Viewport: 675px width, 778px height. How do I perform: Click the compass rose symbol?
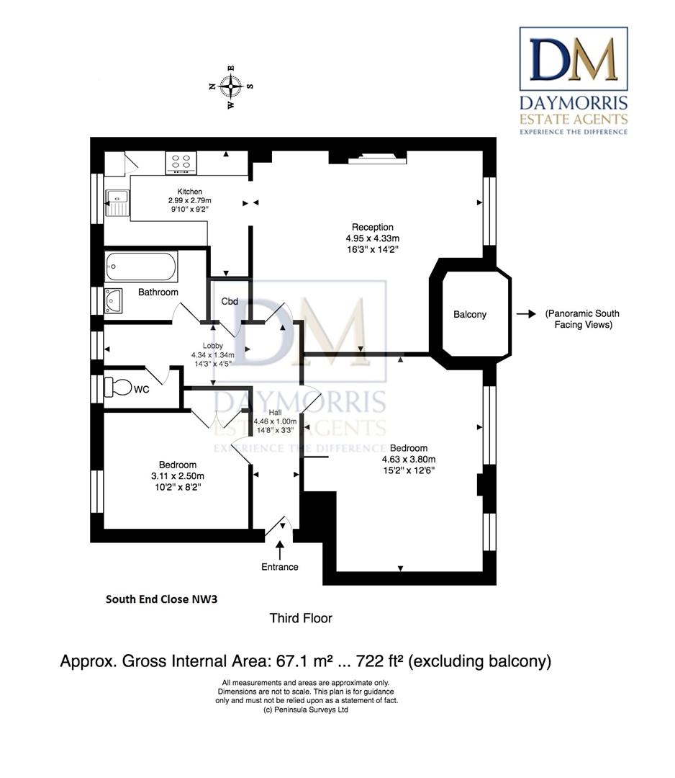click(231, 87)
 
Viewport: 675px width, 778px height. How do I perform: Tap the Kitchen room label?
click(190, 192)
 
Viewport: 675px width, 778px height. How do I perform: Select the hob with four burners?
click(181, 163)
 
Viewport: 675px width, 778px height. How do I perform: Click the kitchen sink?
click(117, 202)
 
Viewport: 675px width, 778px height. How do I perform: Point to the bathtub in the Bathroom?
click(141, 267)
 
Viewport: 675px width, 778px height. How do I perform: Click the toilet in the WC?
click(118, 388)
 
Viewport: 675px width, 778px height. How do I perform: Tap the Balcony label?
click(470, 315)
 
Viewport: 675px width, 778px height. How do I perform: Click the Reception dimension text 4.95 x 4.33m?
click(373, 238)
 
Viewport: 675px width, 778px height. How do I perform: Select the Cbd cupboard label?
click(230, 301)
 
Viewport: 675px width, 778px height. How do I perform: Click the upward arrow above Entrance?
click(280, 550)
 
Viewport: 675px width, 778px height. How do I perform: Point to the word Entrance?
click(280, 567)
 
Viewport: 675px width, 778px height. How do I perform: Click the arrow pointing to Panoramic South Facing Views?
click(526, 313)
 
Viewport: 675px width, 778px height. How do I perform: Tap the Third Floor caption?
click(301, 618)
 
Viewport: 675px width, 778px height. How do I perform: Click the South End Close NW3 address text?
click(162, 599)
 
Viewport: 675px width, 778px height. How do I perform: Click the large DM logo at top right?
click(574, 59)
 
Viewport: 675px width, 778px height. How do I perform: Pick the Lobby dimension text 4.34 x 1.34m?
click(213, 354)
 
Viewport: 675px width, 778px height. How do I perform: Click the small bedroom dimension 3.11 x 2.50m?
click(178, 476)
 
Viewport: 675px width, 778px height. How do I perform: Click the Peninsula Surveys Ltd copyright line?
click(306, 710)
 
